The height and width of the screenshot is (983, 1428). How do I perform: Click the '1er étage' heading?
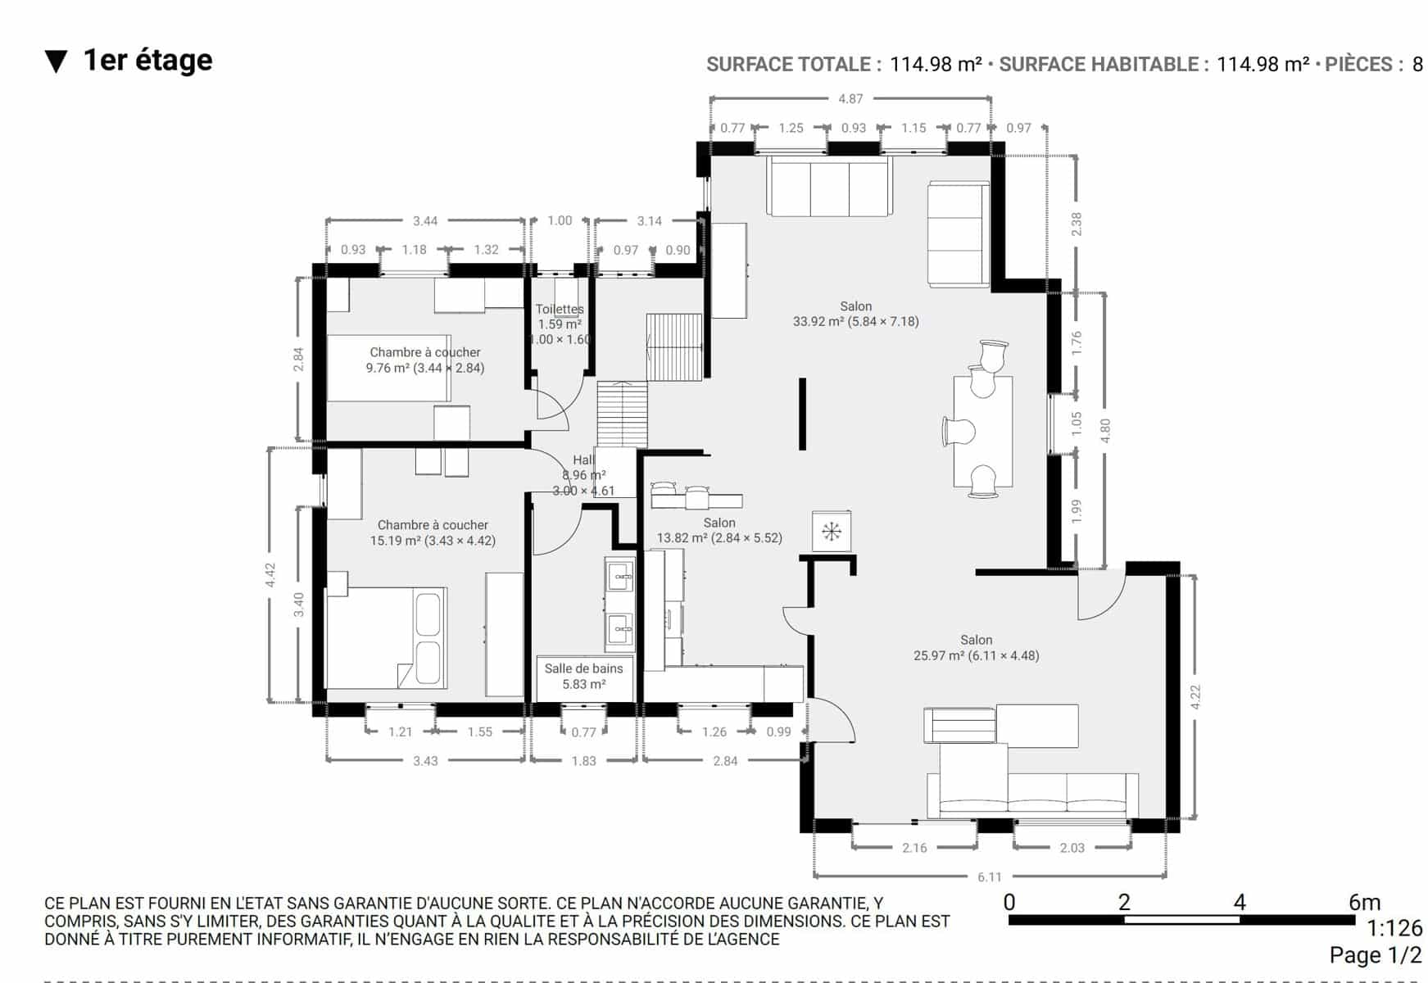pos(147,61)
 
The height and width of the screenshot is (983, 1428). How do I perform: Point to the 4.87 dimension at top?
pos(850,99)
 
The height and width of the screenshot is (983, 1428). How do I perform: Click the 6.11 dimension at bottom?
pos(990,877)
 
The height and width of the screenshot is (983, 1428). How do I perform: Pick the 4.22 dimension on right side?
pos(1195,697)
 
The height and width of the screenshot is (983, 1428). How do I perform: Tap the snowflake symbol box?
pos(832,532)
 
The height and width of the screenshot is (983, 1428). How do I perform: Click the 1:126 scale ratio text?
pos(1394,928)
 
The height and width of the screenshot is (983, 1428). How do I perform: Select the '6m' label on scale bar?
pos(1364,902)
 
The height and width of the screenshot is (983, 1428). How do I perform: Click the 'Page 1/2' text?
pos(1376,955)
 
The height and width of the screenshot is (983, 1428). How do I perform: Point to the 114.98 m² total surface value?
pos(936,65)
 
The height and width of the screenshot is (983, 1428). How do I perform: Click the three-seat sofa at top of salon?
pos(830,187)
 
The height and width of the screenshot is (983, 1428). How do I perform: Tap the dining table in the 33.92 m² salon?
pos(983,431)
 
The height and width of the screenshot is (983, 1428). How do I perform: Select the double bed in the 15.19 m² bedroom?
pos(387,637)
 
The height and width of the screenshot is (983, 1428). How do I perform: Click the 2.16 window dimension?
pos(914,848)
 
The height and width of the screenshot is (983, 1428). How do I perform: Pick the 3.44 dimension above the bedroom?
pos(425,221)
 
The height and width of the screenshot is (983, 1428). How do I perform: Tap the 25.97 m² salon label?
pos(977,647)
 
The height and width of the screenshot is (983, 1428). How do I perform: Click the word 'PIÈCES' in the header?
pos(1359,65)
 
